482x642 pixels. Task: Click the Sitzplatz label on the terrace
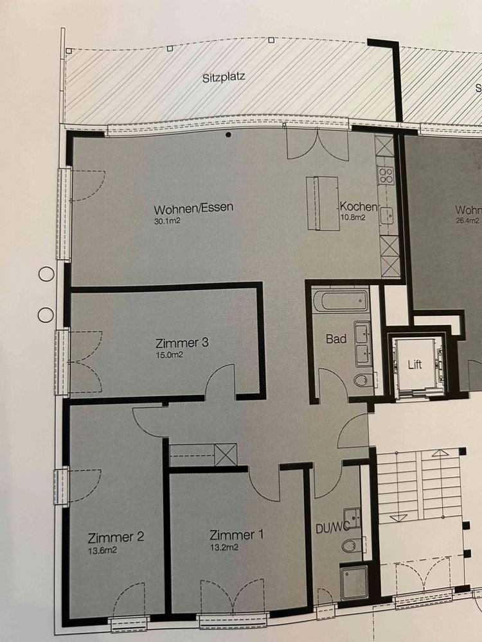pos(224,77)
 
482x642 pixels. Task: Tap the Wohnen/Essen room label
pos(193,208)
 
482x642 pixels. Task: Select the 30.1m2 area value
pos(167,221)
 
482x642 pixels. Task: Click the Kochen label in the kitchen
pos(358,206)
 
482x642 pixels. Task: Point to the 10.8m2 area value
pos(352,218)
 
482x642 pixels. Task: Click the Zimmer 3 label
pos(182,342)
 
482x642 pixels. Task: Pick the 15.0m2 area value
pos(169,355)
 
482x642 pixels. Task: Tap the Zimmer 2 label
pos(116,537)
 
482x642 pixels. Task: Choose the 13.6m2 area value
pos(102,550)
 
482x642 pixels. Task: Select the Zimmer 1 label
pos(237,535)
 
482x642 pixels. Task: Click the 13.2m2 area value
pos(224,548)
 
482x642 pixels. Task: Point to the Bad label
pos(336,338)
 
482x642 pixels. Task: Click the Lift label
pos(415,365)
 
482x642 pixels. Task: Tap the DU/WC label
pos(332,528)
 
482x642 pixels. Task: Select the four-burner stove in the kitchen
pos(385,176)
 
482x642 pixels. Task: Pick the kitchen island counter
pos(322,204)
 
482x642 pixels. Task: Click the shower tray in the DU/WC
pos(353,582)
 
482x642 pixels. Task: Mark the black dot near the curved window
pos(228,134)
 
